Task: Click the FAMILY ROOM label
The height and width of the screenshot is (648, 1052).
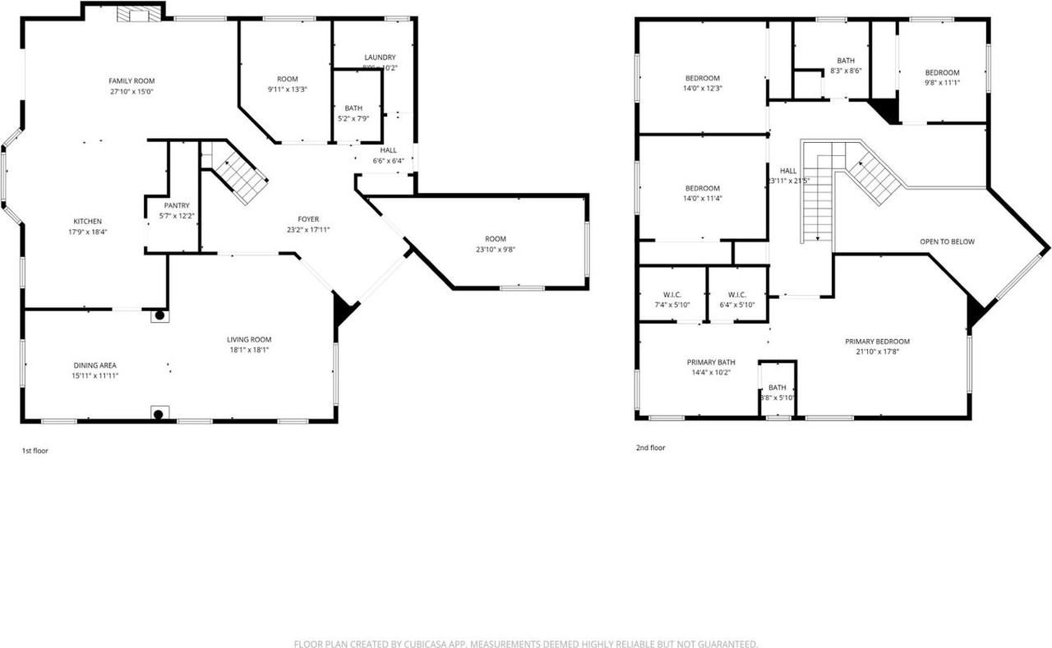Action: [131, 80]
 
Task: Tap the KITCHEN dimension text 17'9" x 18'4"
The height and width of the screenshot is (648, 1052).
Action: [88, 232]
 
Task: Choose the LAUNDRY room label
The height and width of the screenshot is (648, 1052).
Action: [380, 57]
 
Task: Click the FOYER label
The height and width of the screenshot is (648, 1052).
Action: [308, 218]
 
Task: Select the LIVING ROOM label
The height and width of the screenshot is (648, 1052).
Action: [249, 339]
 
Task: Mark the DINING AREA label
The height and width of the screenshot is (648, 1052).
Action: [95, 365]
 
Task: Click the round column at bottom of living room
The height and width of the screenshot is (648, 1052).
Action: [159, 415]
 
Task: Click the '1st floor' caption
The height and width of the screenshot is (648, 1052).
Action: [35, 450]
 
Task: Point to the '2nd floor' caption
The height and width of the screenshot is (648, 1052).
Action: [649, 448]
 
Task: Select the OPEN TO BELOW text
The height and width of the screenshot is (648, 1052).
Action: [946, 241]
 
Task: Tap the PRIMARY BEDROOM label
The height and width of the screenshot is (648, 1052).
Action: [877, 341]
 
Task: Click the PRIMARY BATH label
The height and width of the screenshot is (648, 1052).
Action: [711, 362]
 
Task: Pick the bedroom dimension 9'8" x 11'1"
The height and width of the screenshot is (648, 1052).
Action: [942, 83]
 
